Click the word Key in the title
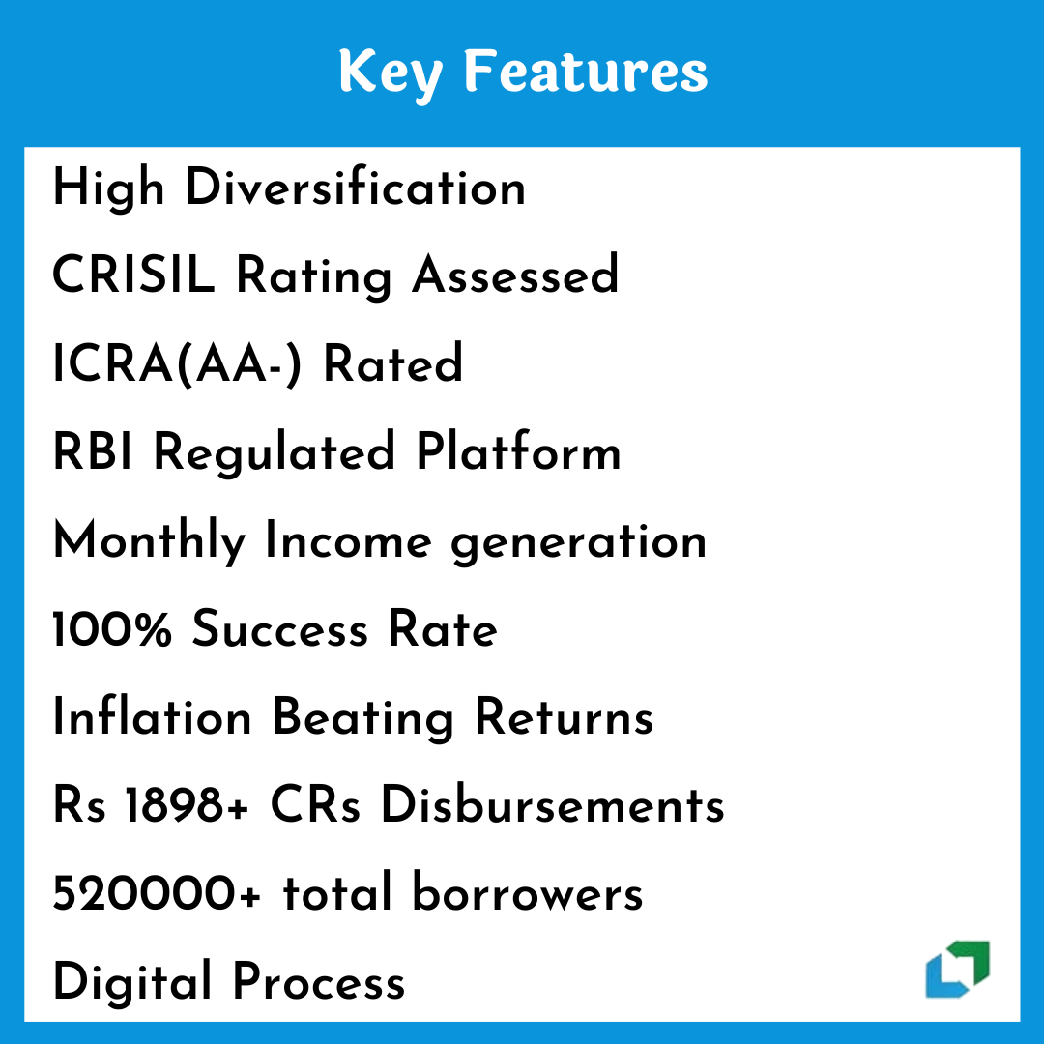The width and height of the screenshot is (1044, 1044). pyautogui.click(x=391, y=73)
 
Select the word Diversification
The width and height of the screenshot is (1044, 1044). pyautogui.click(x=356, y=188)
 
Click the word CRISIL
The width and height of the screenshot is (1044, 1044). pyautogui.click(x=133, y=274)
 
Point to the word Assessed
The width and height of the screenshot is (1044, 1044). pyautogui.click(x=515, y=274)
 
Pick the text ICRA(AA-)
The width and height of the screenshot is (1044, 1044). pyautogui.click(x=177, y=363)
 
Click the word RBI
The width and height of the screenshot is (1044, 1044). pyautogui.click(x=93, y=451)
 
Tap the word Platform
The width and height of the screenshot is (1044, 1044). pyautogui.click(x=519, y=450)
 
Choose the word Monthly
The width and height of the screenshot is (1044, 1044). pyautogui.click(x=149, y=541)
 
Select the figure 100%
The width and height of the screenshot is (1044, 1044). pyautogui.click(x=112, y=628)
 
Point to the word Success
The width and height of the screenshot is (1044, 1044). pyautogui.click(x=279, y=628)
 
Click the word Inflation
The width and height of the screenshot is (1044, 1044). pyautogui.click(x=153, y=716)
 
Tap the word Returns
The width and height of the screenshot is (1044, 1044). pyautogui.click(x=565, y=717)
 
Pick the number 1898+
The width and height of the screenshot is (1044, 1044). pyautogui.click(x=188, y=805)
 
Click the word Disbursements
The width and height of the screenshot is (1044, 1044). pyautogui.click(x=553, y=804)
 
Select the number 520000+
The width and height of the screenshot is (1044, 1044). pyautogui.click(x=158, y=893)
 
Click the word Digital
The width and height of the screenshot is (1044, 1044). pyautogui.click(x=131, y=983)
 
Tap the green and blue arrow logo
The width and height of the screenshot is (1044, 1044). pyautogui.click(x=957, y=969)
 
